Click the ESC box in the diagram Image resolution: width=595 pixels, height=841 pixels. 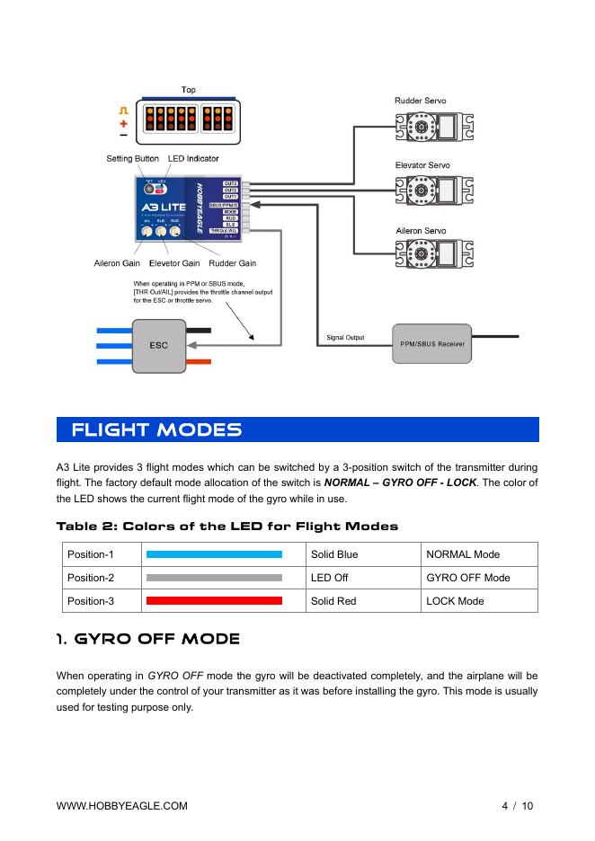point(159,345)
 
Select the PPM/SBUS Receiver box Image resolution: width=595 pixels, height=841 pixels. point(432,344)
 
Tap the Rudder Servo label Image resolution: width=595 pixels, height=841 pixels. point(421,101)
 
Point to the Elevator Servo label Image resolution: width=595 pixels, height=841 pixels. point(422,166)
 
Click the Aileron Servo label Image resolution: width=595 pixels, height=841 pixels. point(421,231)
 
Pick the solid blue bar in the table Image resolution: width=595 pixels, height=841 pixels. point(214,554)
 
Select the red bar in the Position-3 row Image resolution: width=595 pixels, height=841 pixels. point(214,600)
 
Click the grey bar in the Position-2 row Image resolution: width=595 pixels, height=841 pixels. point(214,578)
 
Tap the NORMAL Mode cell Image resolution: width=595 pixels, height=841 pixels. point(463,554)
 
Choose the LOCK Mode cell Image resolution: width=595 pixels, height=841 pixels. point(457,600)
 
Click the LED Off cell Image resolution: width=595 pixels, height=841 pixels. point(330,578)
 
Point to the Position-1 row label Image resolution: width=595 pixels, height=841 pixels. point(91,554)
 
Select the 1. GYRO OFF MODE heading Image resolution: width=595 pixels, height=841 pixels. point(148,640)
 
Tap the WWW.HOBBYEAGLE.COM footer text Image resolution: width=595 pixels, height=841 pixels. point(122,806)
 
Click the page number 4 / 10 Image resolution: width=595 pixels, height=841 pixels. point(518,806)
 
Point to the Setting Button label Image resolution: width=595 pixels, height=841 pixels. point(132,159)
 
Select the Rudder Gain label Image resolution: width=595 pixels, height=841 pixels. point(232,263)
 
